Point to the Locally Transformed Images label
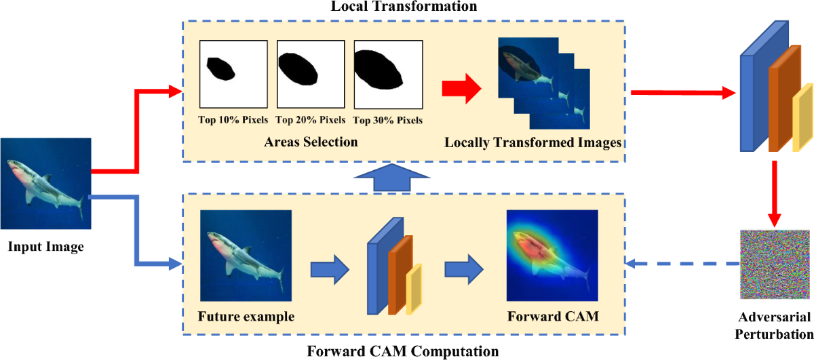coord(534,143)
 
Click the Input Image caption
coord(45,247)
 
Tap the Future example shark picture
coord(246,256)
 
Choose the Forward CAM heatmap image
coord(552,256)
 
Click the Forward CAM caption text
coord(552,317)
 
